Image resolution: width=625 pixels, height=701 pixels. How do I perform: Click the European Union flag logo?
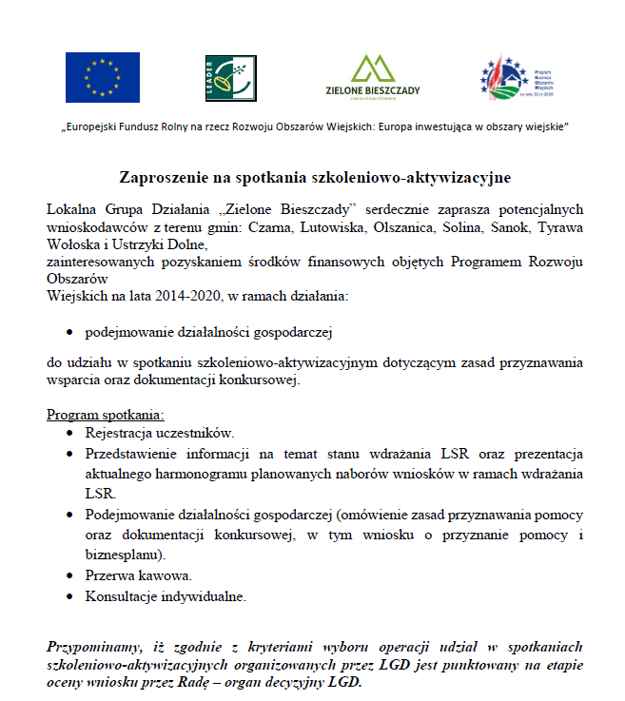point(102,77)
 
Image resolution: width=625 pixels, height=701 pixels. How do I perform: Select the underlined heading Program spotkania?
point(105,415)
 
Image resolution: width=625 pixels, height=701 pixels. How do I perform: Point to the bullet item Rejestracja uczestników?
point(159,433)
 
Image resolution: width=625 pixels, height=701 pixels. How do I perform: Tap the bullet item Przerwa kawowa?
point(139,576)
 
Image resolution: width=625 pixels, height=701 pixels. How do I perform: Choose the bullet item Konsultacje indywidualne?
point(166,597)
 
